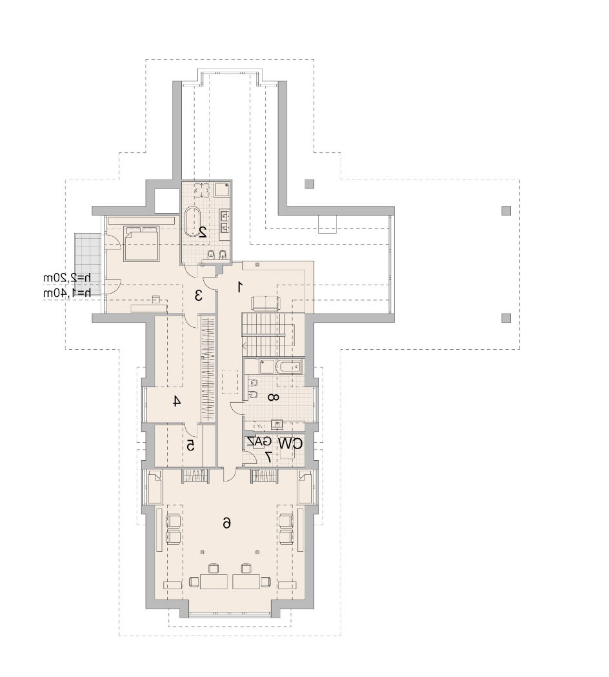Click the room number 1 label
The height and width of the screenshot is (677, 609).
click(239, 287)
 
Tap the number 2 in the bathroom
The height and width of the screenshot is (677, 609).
click(201, 233)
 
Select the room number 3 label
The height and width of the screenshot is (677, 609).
click(199, 296)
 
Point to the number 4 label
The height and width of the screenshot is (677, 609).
click(175, 401)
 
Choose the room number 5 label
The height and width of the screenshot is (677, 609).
click(191, 445)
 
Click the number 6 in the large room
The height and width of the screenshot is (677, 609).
click(226, 523)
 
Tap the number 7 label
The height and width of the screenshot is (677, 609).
click(268, 456)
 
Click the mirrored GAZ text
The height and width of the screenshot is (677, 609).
click(259, 441)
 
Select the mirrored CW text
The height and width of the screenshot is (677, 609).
click(290, 443)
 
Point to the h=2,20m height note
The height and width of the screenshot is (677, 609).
click(67, 278)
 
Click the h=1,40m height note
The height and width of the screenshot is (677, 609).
click(67, 293)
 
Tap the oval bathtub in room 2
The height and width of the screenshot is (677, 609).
click(195, 223)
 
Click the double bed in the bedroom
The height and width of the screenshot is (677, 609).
click(141, 243)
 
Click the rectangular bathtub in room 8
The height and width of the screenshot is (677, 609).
click(289, 367)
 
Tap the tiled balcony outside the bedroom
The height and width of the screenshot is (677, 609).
click(87, 264)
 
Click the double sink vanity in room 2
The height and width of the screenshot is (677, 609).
click(225, 220)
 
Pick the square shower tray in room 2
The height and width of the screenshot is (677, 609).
click(223, 190)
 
